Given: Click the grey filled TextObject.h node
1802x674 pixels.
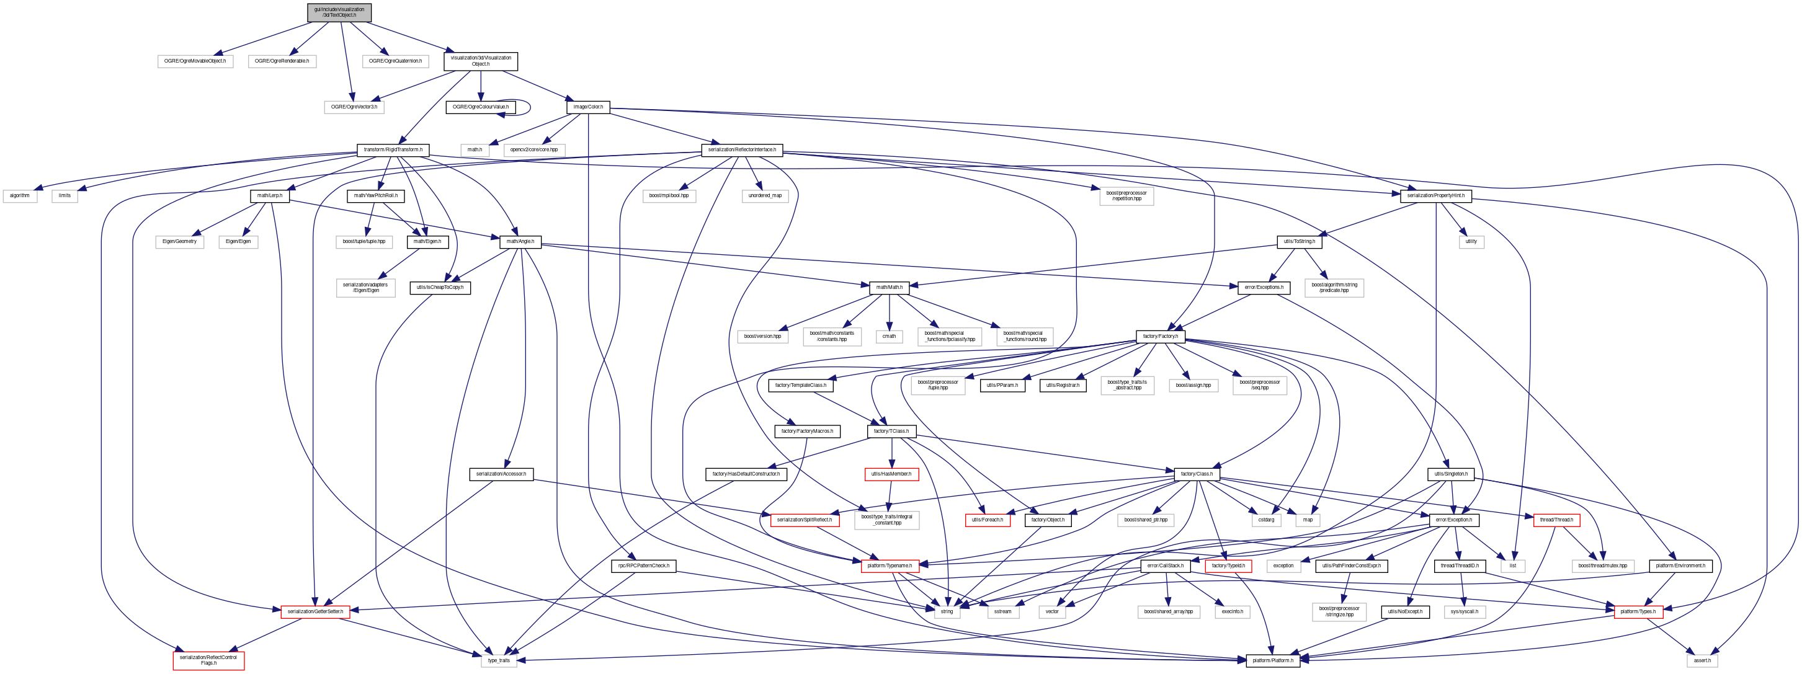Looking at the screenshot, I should pos(339,12).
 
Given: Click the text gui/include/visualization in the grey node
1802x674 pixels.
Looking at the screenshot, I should pos(339,9).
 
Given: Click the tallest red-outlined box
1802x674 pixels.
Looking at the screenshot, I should pos(208,661).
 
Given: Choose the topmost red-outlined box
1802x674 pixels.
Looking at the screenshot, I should pos(892,474).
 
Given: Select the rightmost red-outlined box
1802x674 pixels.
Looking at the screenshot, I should pos(1638,612).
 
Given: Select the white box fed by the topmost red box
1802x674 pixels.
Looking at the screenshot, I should pos(886,520).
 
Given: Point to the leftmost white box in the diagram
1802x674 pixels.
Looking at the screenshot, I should pos(20,197).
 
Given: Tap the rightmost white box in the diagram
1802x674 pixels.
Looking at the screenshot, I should pos(1702,661).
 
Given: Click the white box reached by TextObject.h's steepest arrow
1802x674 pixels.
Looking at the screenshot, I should pos(354,107).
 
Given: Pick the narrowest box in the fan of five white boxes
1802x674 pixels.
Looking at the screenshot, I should pos(889,336).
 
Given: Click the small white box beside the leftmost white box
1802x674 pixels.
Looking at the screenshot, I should pos(65,197).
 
